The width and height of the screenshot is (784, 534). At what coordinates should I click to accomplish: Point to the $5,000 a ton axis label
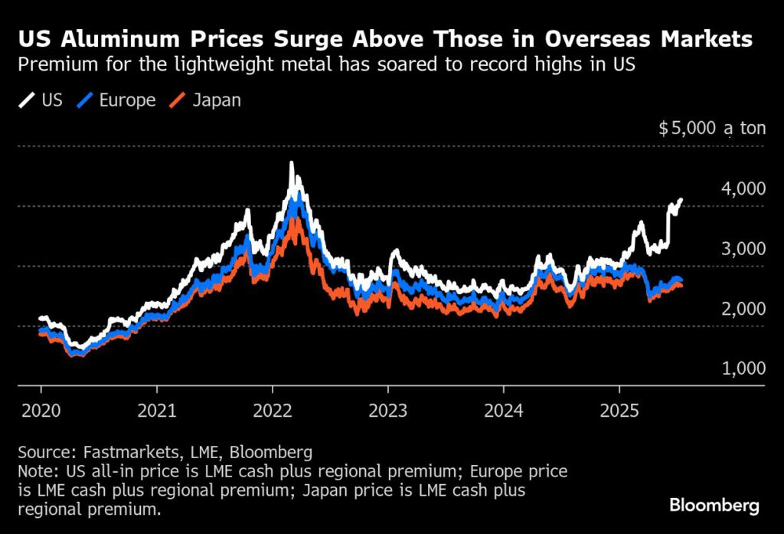click(712, 128)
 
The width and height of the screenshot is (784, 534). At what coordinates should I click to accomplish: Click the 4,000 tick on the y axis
click(744, 188)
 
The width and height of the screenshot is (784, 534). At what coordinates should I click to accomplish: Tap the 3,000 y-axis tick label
click(744, 248)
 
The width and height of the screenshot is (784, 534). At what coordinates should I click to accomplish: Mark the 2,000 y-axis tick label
click(744, 308)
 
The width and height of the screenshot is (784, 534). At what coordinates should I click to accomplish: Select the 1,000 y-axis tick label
click(744, 368)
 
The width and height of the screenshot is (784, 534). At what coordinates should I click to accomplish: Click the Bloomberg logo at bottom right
click(714, 506)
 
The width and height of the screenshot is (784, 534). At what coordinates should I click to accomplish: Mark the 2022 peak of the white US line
click(291, 163)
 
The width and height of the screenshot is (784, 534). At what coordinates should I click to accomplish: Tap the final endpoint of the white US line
click(681, 200)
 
